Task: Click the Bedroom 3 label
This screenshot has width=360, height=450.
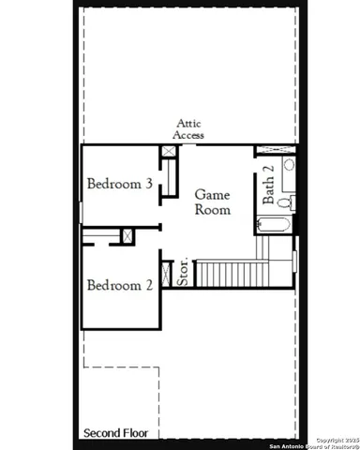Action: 119,184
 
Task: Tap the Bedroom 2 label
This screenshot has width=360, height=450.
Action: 119,285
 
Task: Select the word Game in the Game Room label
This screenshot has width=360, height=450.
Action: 212,194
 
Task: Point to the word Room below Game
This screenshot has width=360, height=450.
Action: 212,210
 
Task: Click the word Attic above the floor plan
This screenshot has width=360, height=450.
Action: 190,123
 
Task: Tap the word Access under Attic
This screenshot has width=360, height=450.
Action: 190,135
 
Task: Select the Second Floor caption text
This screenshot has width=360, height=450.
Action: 116,433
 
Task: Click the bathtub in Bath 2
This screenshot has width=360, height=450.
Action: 274,224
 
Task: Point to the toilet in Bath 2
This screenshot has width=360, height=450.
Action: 286,202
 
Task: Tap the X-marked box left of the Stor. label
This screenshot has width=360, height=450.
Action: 168,273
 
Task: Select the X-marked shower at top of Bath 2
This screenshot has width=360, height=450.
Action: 276,150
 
